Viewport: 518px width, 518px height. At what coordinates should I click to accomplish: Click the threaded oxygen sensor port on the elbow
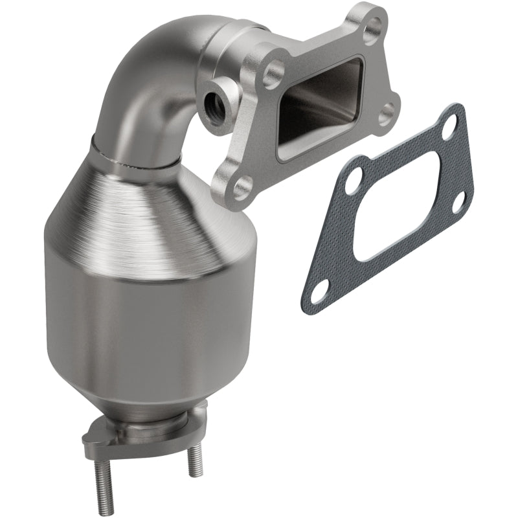click(x=211, y=101)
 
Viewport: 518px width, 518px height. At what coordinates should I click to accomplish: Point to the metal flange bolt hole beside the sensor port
click(x=272, y=74)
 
